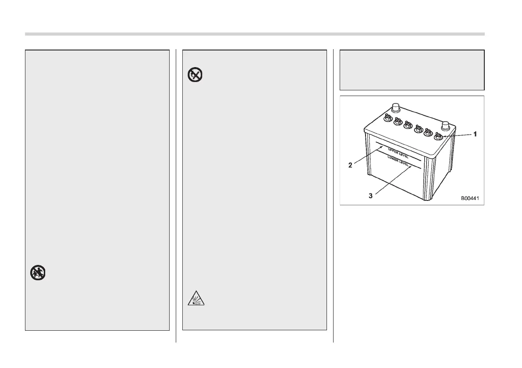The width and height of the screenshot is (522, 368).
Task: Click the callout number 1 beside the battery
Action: click(474, 135)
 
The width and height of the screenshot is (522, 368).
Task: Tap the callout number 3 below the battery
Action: click(371, 196)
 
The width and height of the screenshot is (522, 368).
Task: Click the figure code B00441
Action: click(469, 198)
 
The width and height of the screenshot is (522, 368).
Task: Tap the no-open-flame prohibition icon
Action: click(193, 75)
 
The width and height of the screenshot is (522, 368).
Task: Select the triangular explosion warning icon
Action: click(193, 300)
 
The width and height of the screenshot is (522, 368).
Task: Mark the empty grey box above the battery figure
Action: click(412, 70)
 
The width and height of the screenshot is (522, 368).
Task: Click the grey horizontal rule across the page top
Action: click(255, 34)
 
